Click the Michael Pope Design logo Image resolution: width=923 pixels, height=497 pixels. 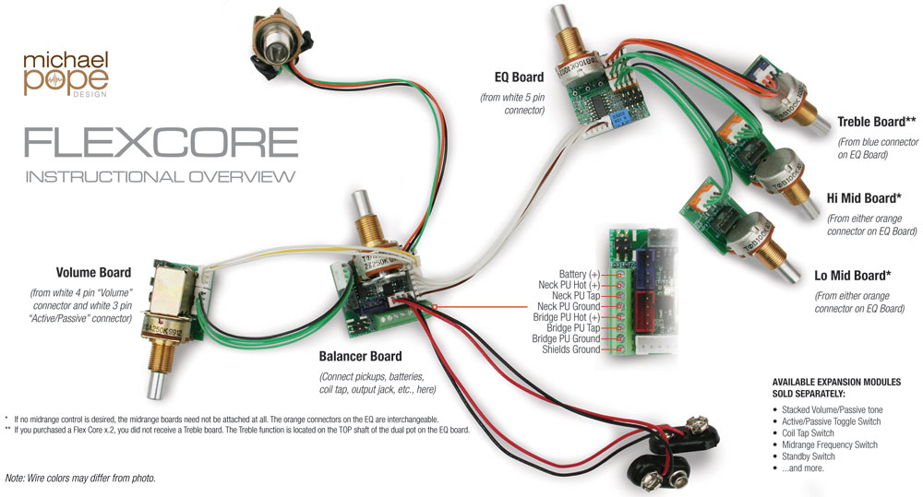(66, 74)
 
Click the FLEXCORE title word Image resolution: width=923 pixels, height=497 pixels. (161, 142)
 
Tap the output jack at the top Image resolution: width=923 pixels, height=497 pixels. (279, 46)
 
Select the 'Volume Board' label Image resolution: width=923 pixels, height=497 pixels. (93, 273)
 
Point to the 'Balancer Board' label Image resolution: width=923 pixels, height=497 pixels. (360, 357)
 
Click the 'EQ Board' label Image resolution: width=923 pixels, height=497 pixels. (519, 77)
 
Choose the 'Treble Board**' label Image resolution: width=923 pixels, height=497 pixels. (877, 122)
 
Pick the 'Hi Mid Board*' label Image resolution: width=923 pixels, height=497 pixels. (864, 198)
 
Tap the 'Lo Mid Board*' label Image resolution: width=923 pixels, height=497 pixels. (852, 276)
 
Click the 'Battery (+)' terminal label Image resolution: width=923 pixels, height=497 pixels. (580, 274)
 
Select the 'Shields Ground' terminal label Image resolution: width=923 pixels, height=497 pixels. (571, 349)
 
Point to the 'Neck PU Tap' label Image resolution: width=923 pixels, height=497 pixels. (576, 296)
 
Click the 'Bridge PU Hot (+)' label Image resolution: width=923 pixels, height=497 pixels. (567, 317)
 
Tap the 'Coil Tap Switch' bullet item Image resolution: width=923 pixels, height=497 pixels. (808, 432)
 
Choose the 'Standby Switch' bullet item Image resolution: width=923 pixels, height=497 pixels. (809, 456)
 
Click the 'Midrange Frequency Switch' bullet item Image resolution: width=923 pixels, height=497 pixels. (830, 444)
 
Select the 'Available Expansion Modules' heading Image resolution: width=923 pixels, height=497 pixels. (836, 387)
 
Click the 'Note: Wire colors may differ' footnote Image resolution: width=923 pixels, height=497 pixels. (80, 479)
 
